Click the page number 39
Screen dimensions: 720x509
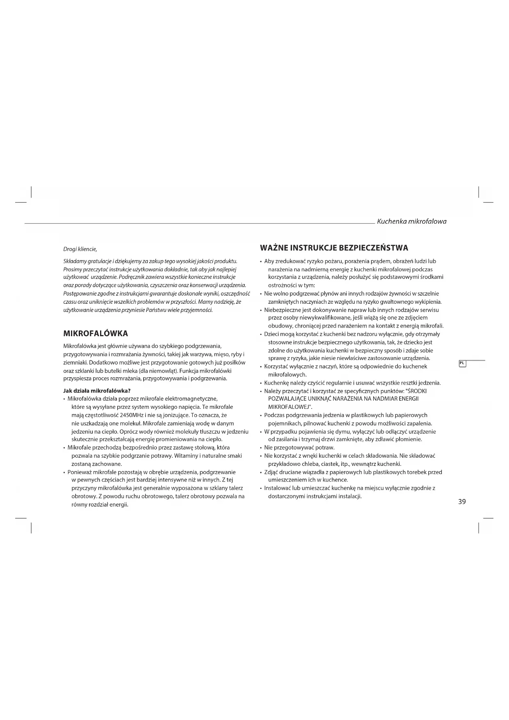(462, 502)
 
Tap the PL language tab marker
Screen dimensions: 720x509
(462, 363)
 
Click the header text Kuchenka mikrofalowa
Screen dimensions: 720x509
(411, 221)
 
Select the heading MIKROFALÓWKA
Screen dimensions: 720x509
(96, 333)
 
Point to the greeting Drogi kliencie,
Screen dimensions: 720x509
(80, 249)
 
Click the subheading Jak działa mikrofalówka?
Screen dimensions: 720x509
(97, 390)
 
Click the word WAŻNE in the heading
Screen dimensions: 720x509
(274, 248)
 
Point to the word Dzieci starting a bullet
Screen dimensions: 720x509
(272, 334)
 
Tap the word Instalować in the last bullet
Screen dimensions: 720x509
(277, 488)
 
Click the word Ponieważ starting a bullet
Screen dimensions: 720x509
(79, 472)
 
